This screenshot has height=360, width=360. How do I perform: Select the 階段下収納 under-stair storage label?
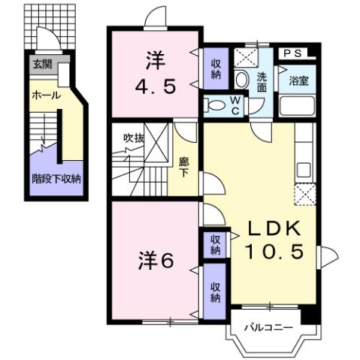pos(56,179)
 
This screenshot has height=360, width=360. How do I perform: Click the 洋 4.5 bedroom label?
pos(156,74)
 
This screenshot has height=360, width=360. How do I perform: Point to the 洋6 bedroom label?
pos(156,260)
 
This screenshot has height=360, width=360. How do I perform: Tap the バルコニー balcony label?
pos(262,328)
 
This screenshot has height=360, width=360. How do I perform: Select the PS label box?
pos(294,53)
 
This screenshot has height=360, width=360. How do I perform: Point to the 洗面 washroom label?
pos(262,82)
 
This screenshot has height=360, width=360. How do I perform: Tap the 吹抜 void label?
pos(134,138)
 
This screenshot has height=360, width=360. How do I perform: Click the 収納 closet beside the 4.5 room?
pos(215,69)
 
